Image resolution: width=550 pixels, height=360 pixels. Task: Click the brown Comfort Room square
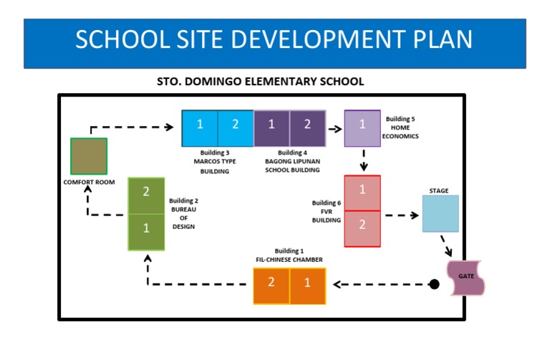click(89, 156)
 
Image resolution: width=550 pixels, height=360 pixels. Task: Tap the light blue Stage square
click(440, 213)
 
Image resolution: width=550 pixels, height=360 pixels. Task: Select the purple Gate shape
click(465, 277)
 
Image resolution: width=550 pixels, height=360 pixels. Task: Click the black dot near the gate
click(434, 284)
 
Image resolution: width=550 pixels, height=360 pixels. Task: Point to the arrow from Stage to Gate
click(447, 245)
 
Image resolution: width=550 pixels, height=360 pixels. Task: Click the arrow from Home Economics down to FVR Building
click(364, 160)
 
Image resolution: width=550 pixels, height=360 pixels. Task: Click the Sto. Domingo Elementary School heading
click(260, 82)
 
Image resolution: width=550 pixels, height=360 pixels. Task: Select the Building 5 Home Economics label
click(402, 127)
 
